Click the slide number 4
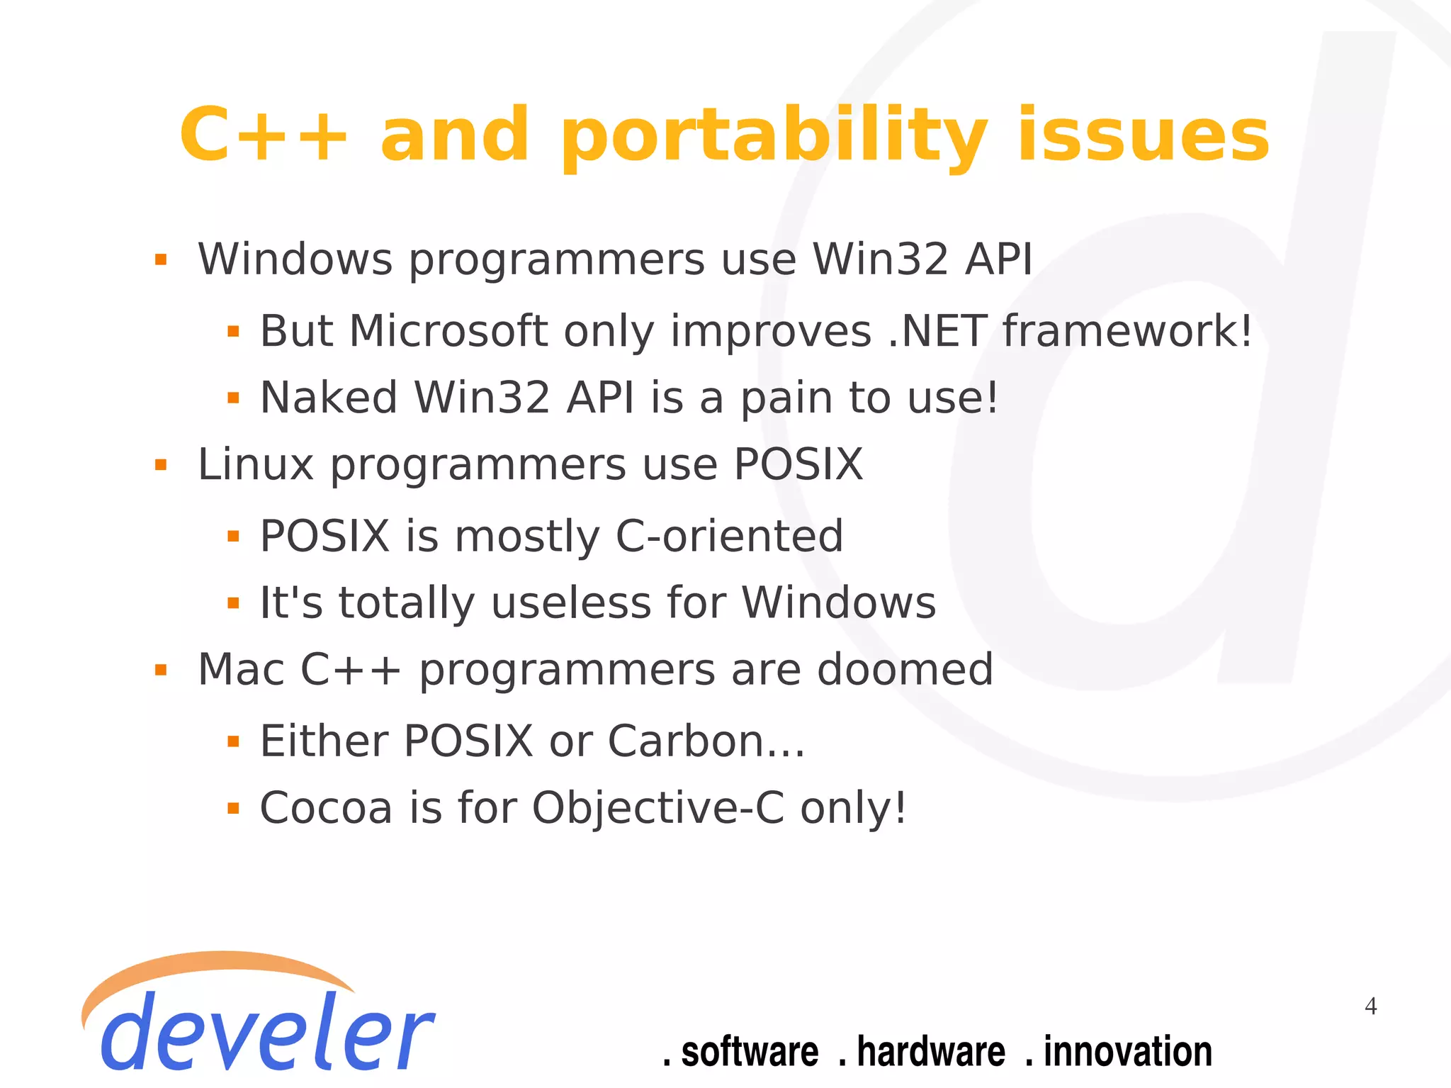click(1370, 1006)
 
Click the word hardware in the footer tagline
click(930, 1051)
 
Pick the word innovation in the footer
click(1127, 1051)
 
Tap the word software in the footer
click(749, 1051)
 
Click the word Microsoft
click(448, 331)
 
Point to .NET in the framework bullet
click(937, 331)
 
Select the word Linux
click(255, 465)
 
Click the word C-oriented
click(729, 536)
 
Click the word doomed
click(905, 670)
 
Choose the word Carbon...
click(686, 741)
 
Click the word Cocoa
click(326, 808)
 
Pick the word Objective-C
click(657, 808)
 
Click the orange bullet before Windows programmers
click(161, 260)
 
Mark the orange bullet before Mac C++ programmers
click(161, 670)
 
